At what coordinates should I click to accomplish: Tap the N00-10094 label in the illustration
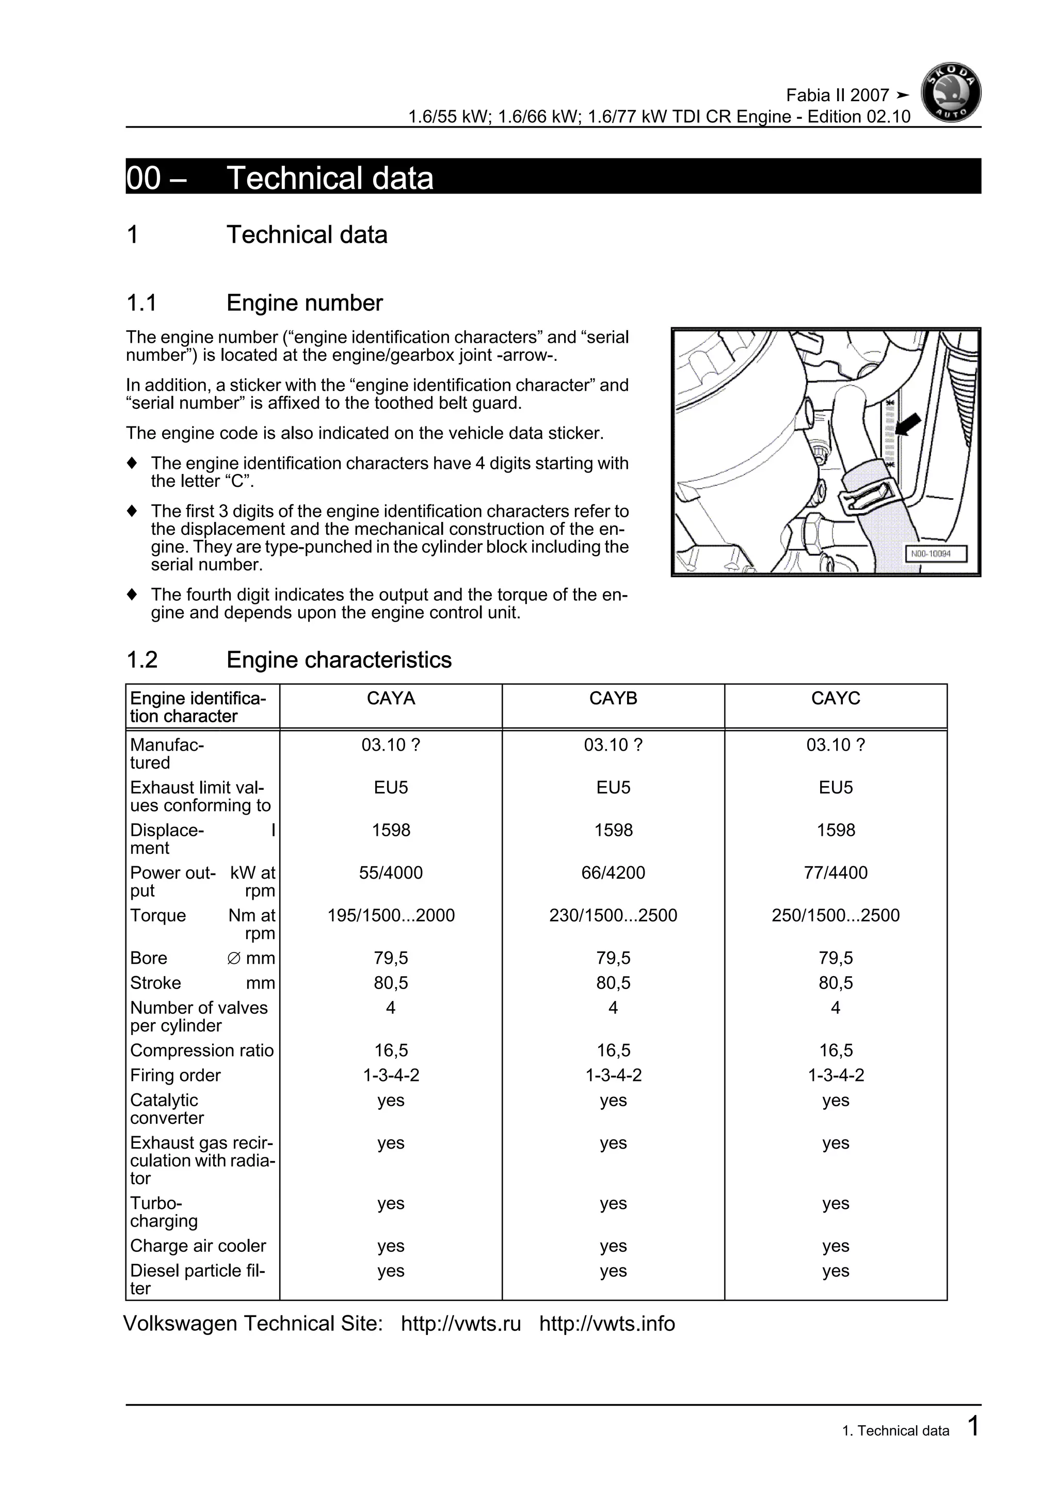click(936, 554)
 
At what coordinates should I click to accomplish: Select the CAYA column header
click(391, 698)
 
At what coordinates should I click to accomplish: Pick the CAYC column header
click(835, 698)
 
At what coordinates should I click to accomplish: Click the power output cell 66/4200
click(613, 872)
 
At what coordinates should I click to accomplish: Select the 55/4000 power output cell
click(391, 872)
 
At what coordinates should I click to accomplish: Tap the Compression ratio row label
click(202, 1051)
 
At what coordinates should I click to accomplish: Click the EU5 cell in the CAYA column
click(391, 787)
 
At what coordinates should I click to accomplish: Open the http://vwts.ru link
click(461, 1324)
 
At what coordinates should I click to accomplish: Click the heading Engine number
click(304, 303)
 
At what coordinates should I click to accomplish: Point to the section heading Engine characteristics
click(339, 660)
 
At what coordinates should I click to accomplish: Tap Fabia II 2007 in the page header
click(837, 95)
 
